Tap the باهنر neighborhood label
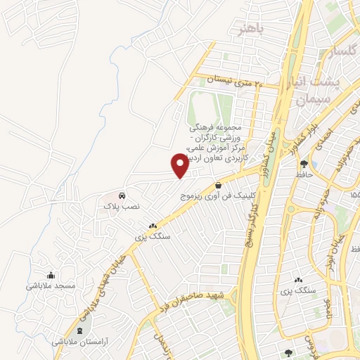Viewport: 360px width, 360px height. coord(252,29)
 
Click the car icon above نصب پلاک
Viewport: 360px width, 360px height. coord(122,195)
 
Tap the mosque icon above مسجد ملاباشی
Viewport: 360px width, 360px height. coord(50,275)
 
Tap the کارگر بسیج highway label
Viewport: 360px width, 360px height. coord(256,221)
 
